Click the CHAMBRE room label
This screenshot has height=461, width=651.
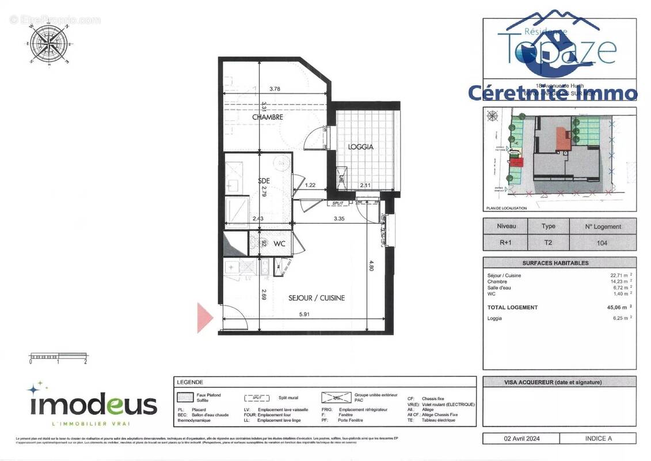tap(268, 117)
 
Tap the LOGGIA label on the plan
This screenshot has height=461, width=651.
tap(361, 147)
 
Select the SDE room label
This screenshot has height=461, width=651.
tap(264, 180)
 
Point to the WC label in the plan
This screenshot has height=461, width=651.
tap(280, 244)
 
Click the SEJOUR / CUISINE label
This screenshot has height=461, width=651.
tap(317, 298)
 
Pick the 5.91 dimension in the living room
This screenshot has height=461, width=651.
tap(304, 314)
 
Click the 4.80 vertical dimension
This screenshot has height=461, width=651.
tap(372, 266)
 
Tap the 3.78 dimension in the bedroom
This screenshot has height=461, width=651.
tap(275, 89)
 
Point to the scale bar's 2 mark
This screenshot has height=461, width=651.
tap(85, 362)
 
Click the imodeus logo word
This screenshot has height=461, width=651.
tap(92, 405)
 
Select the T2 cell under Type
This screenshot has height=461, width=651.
tap(547, 243)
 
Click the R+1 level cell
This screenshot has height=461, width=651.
tap(505, 243)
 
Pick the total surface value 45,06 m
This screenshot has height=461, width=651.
tap(618, 307)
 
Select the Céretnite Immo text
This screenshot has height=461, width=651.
tap(553, 93)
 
